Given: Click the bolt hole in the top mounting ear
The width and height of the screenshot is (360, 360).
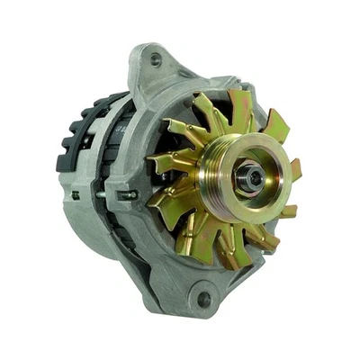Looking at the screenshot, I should pos(156,60).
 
